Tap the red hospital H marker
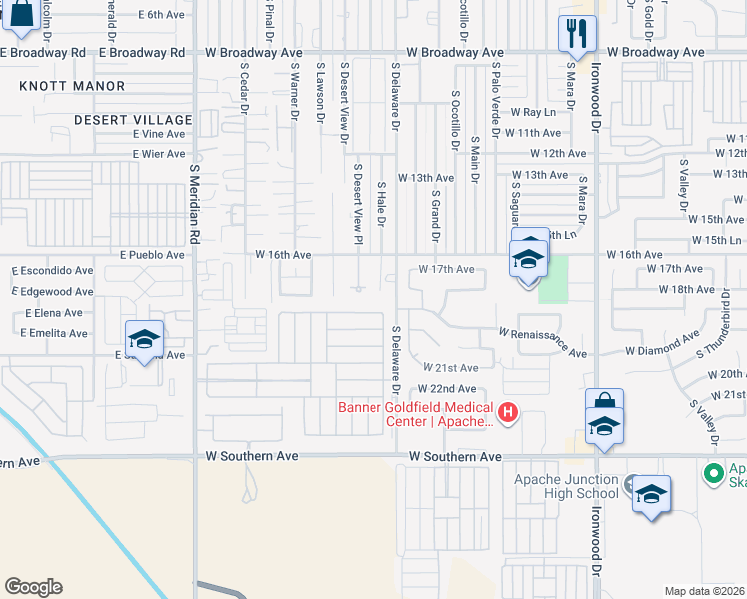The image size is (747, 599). click(508, 411)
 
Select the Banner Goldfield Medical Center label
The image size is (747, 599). click(415, 414)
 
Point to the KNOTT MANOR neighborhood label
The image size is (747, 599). click(72, 87)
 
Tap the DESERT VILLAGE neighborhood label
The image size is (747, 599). click(130, 119)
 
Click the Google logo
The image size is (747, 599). click(33, 587)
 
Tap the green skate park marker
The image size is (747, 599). click(714, 472)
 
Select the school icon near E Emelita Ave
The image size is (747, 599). click(144, 338)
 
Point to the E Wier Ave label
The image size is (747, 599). click(159, 154)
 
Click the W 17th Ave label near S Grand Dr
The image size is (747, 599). click(446, 270)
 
